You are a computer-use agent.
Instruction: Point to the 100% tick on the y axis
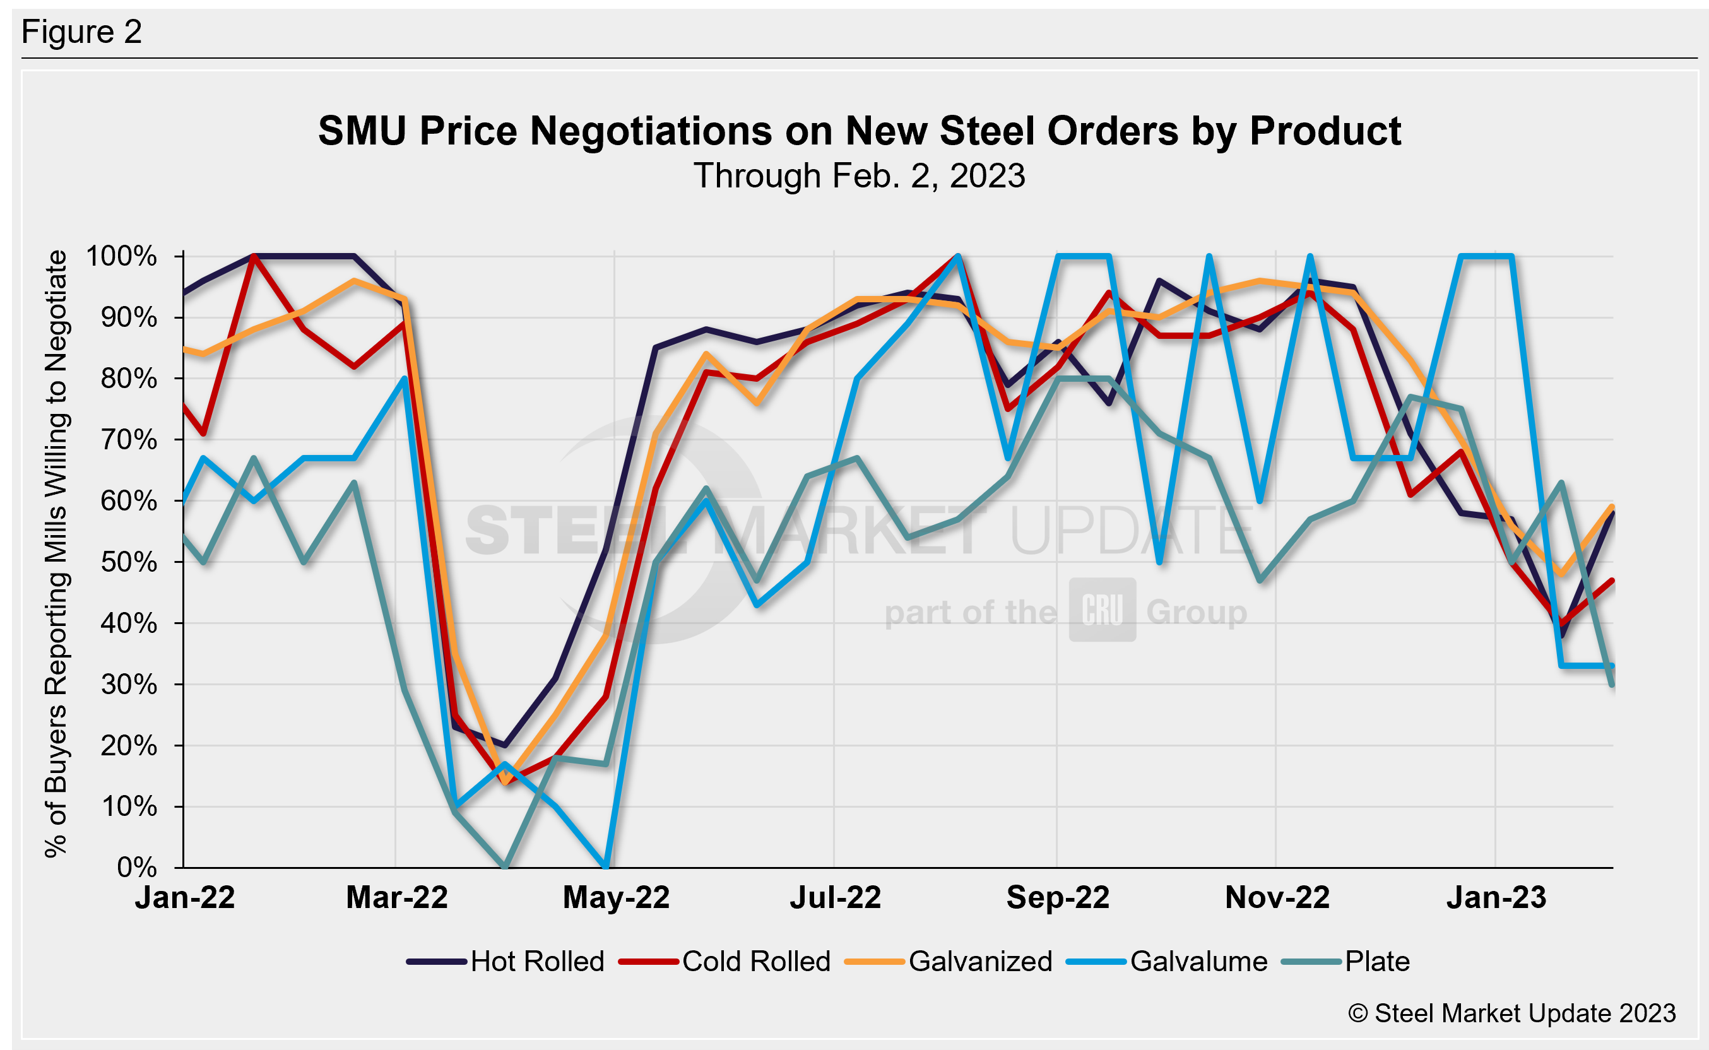pos(122,256)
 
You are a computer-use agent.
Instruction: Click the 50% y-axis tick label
pos(129,562)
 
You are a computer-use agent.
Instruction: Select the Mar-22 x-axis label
pos(396,898)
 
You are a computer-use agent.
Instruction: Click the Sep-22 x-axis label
pos(1058,898)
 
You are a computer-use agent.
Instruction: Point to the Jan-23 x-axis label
pos(1496,898)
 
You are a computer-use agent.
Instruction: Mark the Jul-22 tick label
pos(836,898)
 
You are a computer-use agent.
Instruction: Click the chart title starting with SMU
pos(860,131)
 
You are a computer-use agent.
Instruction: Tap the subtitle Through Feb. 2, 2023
pos(860,175)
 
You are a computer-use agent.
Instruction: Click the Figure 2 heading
pos(82,32)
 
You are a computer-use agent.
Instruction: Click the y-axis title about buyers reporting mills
pos(56,553)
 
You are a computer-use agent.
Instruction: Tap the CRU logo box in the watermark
pos(1102,610)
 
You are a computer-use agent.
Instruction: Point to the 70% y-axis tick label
pos(129,440)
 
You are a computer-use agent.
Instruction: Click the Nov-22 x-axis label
pos(1277,898)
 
